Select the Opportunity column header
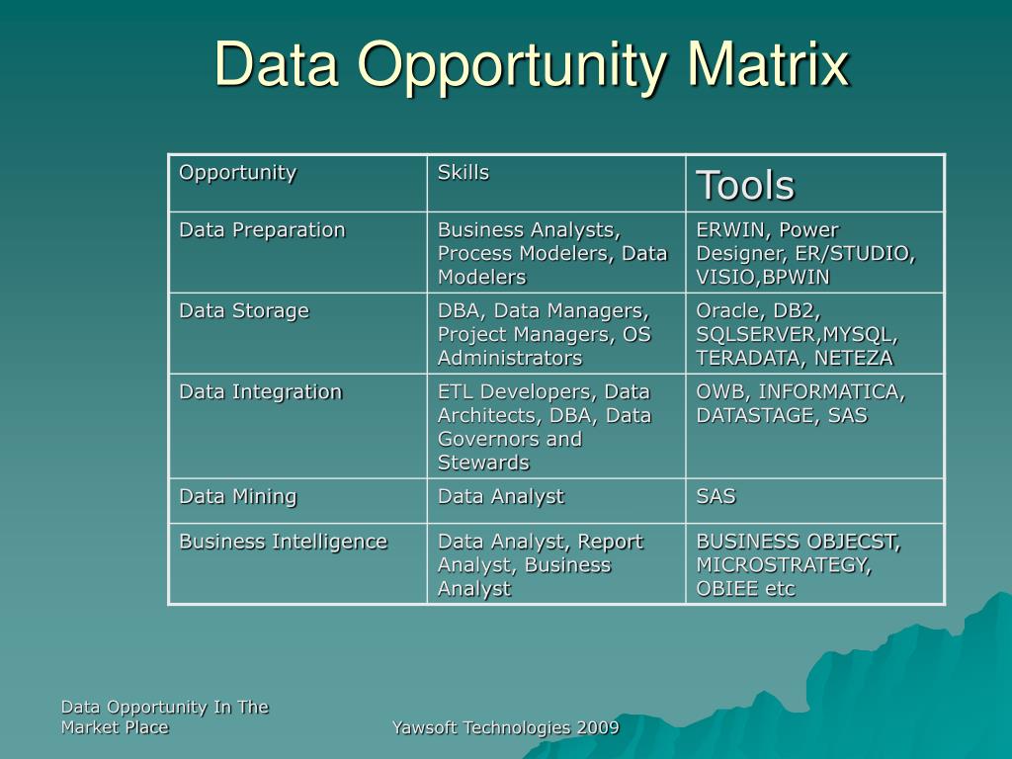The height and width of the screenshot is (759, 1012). pyautogui.click(x=237, y=172)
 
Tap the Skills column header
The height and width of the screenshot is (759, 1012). pyautogui.click(x=464, y=172)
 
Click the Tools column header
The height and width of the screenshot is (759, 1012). pyautogui.click(x=745, y=185)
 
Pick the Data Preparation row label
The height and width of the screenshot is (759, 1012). pyautogui.click(x=262, y=230)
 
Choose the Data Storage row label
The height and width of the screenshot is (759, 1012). pyautogui.click(x=243, y=311)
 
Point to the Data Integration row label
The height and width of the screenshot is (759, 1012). pyautogui.click(x=260, y=392)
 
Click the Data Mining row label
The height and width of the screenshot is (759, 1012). pyautogui.click(x=237, y=497)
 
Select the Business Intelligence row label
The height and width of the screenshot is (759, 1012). pyautogui.click(x=283, y=542)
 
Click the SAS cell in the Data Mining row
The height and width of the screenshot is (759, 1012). pyautogui.click(x=716, y=497)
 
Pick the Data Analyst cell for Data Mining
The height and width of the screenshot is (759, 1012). pyautogui.click(x=500, y=497)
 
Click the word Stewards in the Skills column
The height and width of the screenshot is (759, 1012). pyautogui.click(x=483, y=463)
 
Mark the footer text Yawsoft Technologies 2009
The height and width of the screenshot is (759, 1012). pyautogui.click(x=505, y=728)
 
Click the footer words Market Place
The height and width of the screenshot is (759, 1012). pyautogui.click(x=115, y=727)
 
